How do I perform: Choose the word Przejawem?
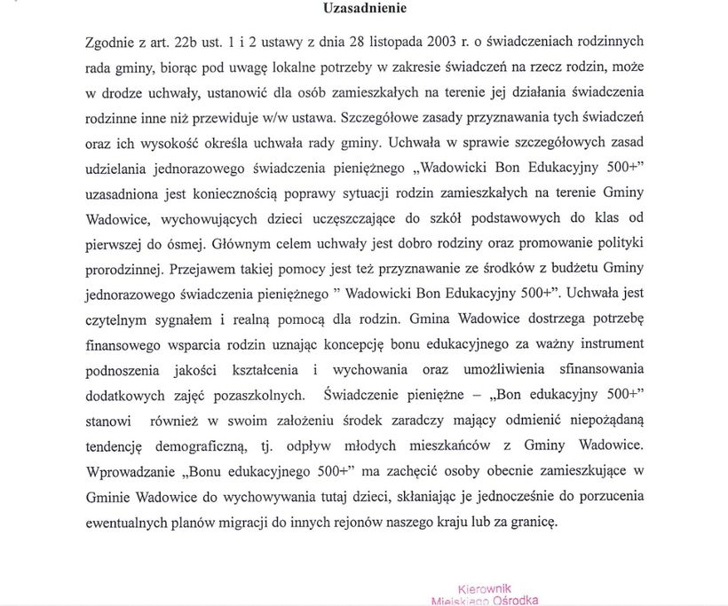click(x=209, y=265)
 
